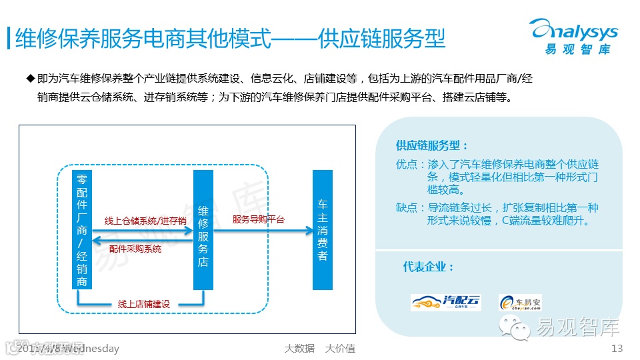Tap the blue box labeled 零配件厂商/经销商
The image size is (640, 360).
(x=82, y=229)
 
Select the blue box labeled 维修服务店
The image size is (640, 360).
(x=203, y=229)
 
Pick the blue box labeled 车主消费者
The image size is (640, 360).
(x=323, y=229)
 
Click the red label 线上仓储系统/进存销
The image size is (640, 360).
(x=145, y=221)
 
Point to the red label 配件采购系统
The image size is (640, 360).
(x=135, y=249)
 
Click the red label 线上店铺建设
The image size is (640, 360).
(x=143, y=304)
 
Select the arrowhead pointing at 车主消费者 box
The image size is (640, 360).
(x=309, y=231)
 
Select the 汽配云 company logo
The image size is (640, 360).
(x=445, y=302)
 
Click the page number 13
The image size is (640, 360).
(x=616, y=349)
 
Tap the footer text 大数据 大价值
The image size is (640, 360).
(x=319, y=349)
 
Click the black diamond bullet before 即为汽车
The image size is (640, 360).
(x=29, y=79)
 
